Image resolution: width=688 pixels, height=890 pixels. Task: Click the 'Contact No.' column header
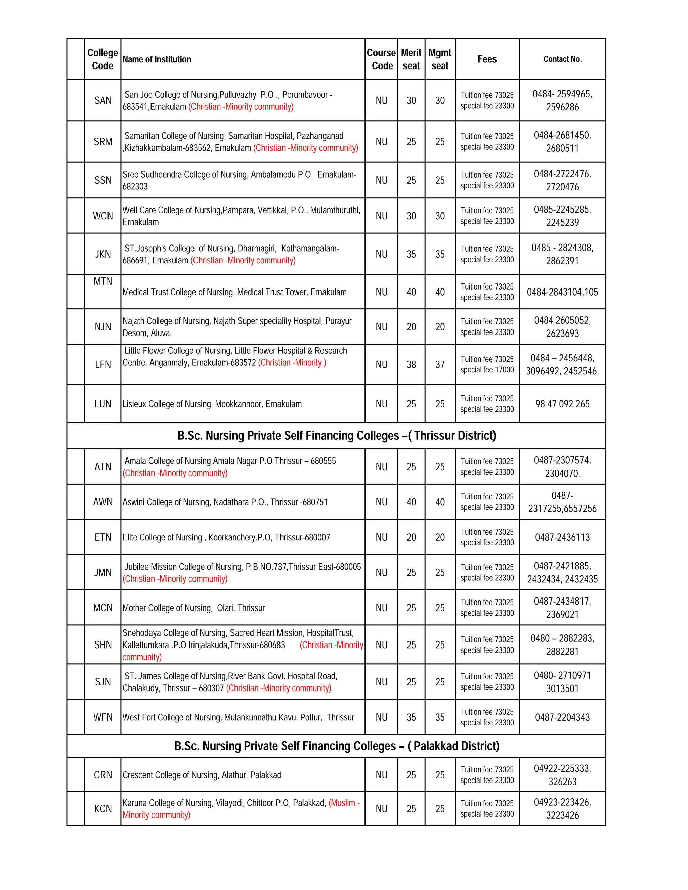562,59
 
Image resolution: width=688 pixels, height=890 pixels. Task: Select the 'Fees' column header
487,59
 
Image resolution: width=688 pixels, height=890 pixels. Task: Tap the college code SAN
103,101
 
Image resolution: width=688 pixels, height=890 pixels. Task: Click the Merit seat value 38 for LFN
411,365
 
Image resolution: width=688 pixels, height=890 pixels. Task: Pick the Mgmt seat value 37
440,365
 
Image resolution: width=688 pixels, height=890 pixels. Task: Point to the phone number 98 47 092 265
562,404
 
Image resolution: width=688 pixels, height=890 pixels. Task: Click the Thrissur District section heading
336,436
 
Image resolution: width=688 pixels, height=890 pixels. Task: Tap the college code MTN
103,281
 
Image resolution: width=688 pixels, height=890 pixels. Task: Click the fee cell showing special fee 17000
487,365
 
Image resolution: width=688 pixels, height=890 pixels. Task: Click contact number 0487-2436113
562,537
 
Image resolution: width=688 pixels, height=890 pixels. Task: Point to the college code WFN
103,717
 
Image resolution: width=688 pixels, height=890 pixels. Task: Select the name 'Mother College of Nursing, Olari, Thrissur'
193,608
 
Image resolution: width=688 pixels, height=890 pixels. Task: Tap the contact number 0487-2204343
562,717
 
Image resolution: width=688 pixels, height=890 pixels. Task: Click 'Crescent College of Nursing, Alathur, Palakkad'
202,775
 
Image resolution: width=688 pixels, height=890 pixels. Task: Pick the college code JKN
103,254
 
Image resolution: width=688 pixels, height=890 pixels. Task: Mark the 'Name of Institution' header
157,59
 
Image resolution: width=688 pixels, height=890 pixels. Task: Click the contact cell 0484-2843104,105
562,292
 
